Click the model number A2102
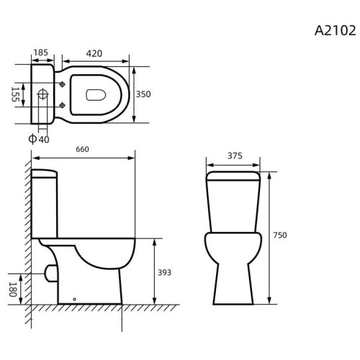click(x=335, y=31)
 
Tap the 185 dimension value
click(x=41, y=53)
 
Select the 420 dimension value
click(x=94, y=53)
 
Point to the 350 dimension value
click(x=143, y=94)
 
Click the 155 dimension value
click(x=15, y=94)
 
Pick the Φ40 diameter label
click(x=39, y=139)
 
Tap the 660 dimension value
click(x=82, y=149)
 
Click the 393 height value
click(x=164, y=272)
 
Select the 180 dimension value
click(x=13, y=289)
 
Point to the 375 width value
click(x=235, y=156)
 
